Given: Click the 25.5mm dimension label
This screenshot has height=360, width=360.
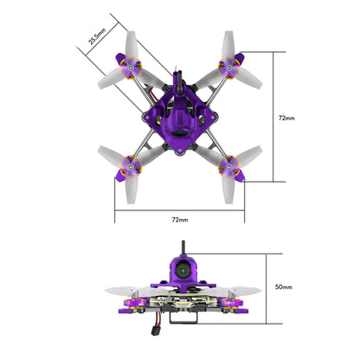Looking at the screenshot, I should tap(98, 36).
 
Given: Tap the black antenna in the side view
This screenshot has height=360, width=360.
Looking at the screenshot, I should tap(182, 250).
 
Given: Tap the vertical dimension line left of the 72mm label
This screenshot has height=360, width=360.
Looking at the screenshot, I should tap(274, 117).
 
